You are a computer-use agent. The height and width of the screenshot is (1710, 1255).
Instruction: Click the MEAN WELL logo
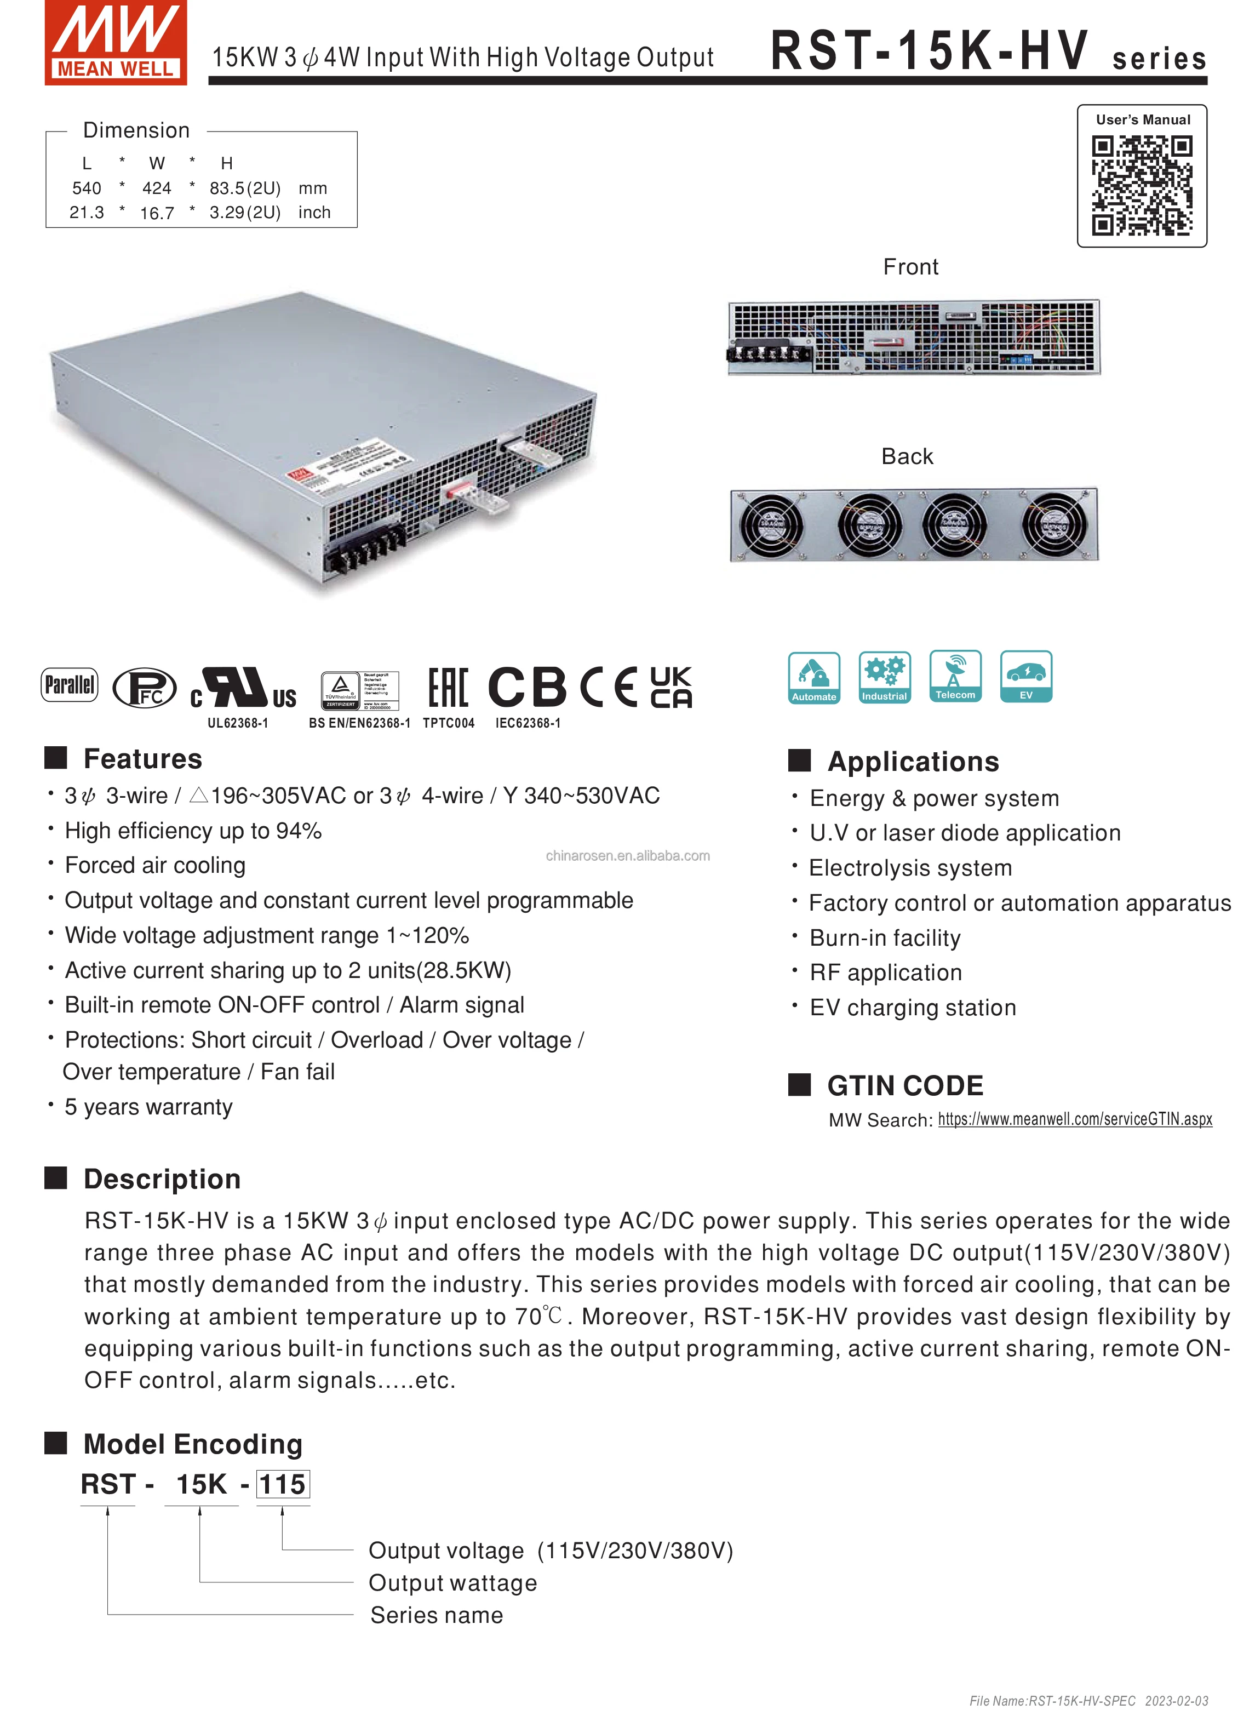116,43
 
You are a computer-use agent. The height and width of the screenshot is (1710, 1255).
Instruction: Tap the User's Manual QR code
1142,185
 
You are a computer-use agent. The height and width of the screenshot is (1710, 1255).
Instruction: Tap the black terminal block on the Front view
767,354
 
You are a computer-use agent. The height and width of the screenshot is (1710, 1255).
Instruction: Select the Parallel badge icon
69,684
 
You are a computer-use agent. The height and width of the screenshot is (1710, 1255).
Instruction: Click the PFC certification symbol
144,688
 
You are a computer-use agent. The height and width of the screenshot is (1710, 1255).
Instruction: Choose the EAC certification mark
448,688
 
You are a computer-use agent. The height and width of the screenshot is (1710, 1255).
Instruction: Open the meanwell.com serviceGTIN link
1074,1119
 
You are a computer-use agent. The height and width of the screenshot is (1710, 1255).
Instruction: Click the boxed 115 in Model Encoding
283,1484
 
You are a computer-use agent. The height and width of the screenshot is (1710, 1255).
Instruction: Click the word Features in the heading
143,759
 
